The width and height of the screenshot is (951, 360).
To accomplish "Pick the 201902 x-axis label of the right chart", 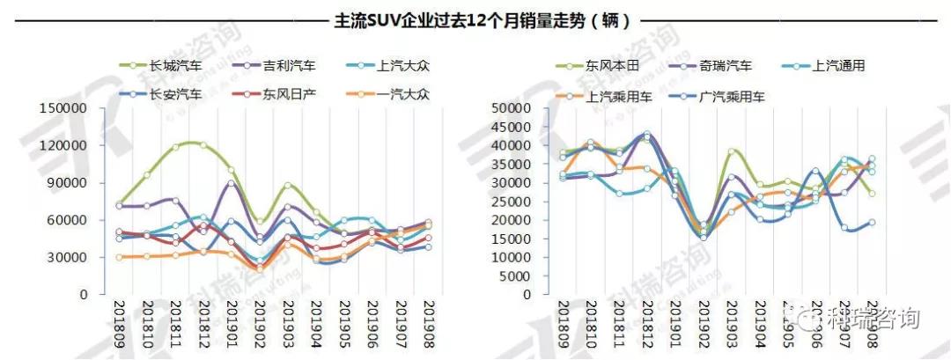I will (x=703, y=322).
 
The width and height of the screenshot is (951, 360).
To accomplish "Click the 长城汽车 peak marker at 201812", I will (x=203, y=145).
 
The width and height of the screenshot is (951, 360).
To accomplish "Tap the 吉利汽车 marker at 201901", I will (x=231, y=183).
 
